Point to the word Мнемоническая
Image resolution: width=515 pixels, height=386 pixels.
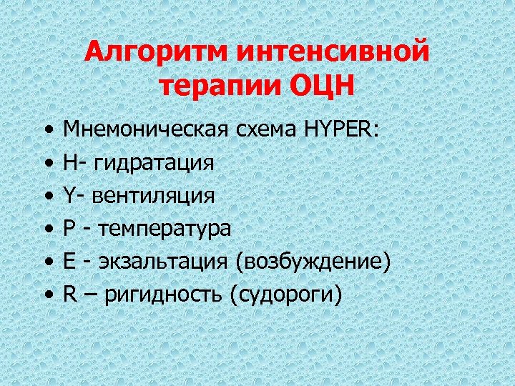click(145, 129)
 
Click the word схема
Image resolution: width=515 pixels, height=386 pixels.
click(265, 129)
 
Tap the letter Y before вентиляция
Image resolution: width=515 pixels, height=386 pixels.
click(69, 194)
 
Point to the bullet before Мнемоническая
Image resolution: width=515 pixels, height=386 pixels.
click(47, 129)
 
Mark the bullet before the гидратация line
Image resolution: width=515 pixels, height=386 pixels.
click(47, 162)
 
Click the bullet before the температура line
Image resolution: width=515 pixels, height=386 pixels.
click(47, 229)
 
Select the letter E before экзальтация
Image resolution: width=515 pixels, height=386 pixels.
click(69, 261)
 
